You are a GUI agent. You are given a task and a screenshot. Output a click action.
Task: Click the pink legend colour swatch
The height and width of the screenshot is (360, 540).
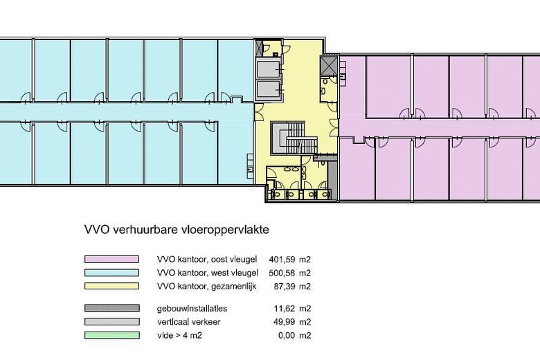111,259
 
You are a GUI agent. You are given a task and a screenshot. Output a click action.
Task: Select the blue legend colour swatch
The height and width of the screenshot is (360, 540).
111,273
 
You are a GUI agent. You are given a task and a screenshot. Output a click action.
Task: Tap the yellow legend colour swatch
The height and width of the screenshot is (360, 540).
111,286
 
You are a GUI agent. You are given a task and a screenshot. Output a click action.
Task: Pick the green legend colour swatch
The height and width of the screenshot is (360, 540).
111,335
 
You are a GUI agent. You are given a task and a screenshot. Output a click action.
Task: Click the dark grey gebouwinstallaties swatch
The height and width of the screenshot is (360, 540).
111,308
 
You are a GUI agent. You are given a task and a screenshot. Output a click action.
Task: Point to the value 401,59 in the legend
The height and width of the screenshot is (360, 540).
282,260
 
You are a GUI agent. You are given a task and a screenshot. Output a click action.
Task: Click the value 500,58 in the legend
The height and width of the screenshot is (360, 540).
282,273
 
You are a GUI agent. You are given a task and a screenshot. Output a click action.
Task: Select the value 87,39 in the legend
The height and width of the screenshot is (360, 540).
285,287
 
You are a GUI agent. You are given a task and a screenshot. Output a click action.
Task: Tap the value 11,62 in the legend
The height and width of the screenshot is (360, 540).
285,308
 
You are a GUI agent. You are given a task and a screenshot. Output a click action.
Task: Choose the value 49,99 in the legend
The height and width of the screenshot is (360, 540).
285,322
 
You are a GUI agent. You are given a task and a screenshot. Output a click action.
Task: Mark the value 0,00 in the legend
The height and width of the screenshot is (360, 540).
287,335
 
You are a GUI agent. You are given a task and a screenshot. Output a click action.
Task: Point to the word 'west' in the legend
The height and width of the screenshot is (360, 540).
219,273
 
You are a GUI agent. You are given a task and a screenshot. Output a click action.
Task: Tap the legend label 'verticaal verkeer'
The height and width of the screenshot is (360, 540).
189,322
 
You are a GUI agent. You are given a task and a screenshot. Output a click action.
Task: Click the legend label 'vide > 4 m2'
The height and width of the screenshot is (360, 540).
179,335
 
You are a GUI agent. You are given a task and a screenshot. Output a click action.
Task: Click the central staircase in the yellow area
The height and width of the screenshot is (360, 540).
294,137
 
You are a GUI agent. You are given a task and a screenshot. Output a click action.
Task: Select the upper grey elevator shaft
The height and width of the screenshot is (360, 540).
269,69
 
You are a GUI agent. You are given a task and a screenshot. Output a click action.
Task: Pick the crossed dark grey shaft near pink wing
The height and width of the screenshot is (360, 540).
328,64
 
